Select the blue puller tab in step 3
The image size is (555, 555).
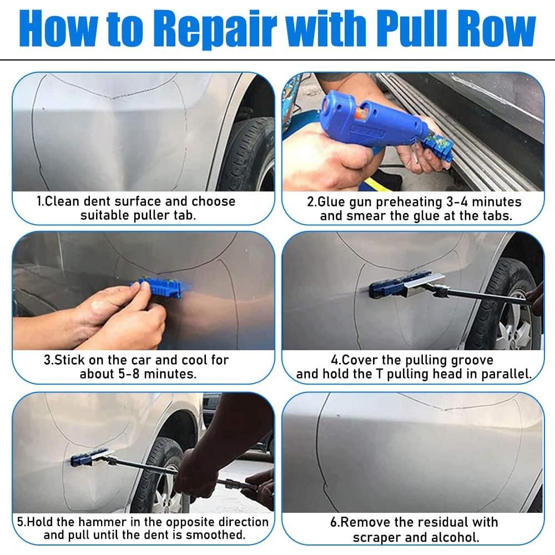pos(158,288)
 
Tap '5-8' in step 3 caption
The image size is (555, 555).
pos(129,374)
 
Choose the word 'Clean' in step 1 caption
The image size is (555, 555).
pos(62,201)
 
